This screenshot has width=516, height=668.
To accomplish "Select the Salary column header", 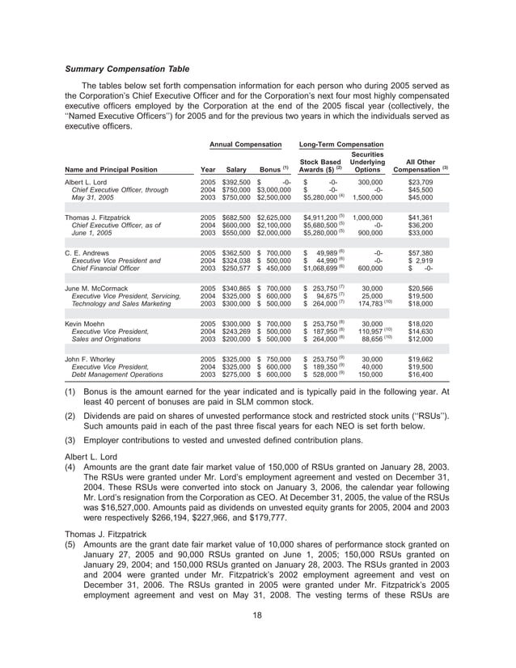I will tap(235, 169).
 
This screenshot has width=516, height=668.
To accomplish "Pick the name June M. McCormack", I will tap(97, 287).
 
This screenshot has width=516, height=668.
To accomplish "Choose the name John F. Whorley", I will tap(90, 357).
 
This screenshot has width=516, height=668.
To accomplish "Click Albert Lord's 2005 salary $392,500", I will tap(237, 183).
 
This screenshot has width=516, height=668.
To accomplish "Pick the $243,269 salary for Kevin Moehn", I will tap(237, 330).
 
